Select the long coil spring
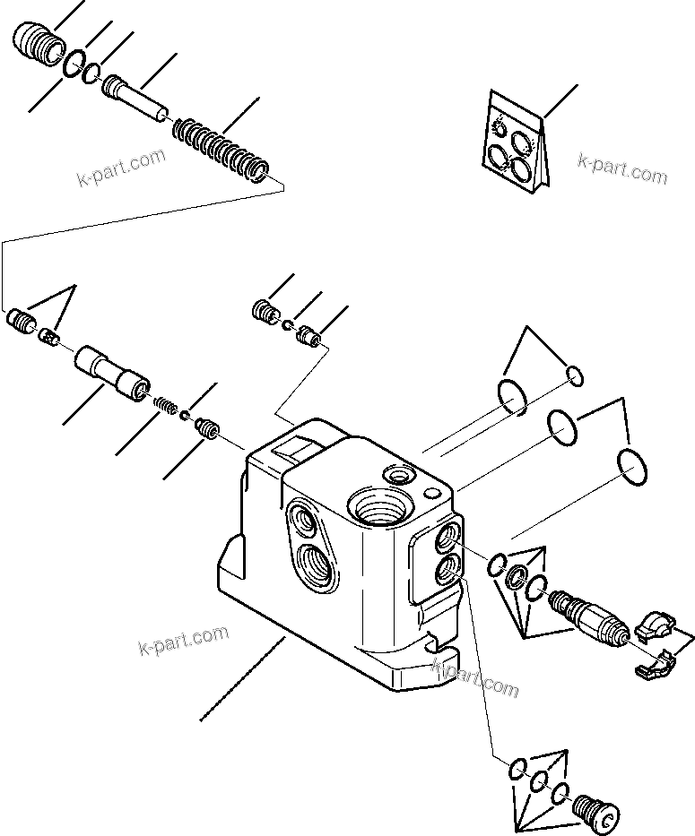click(x=219, y=147)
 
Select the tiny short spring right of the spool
click(x=164, y=404)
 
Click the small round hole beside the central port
click(x=431, y=494)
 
